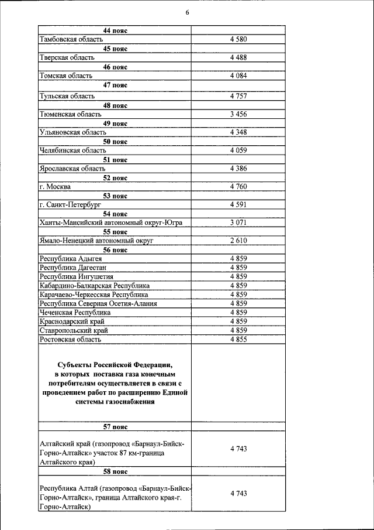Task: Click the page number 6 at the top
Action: tap(187, 12)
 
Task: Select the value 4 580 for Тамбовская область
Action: tap(238, 39)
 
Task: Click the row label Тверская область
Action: tap(64, 57)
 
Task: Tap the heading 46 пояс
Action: tap(115, 67)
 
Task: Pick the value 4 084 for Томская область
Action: tap(238, 76)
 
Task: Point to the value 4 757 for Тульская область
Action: tap(238, 95)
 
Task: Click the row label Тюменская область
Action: tap(66, 114)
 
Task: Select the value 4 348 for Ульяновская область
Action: tap(238, 132)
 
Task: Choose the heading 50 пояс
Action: tap(115, 142)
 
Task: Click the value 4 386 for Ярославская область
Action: tap(238, 169)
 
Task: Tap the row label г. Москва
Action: tap(55, 187)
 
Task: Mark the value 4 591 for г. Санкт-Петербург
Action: tap(238, 205)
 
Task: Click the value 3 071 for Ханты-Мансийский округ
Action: tap(238, 223)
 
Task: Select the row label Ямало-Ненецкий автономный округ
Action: tap(96, 241)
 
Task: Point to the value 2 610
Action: tap(238, 241)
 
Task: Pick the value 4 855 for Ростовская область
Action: tap(238, 339)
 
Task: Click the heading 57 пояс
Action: tap(115, 427)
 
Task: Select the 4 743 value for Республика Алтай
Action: tap(238, 494)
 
